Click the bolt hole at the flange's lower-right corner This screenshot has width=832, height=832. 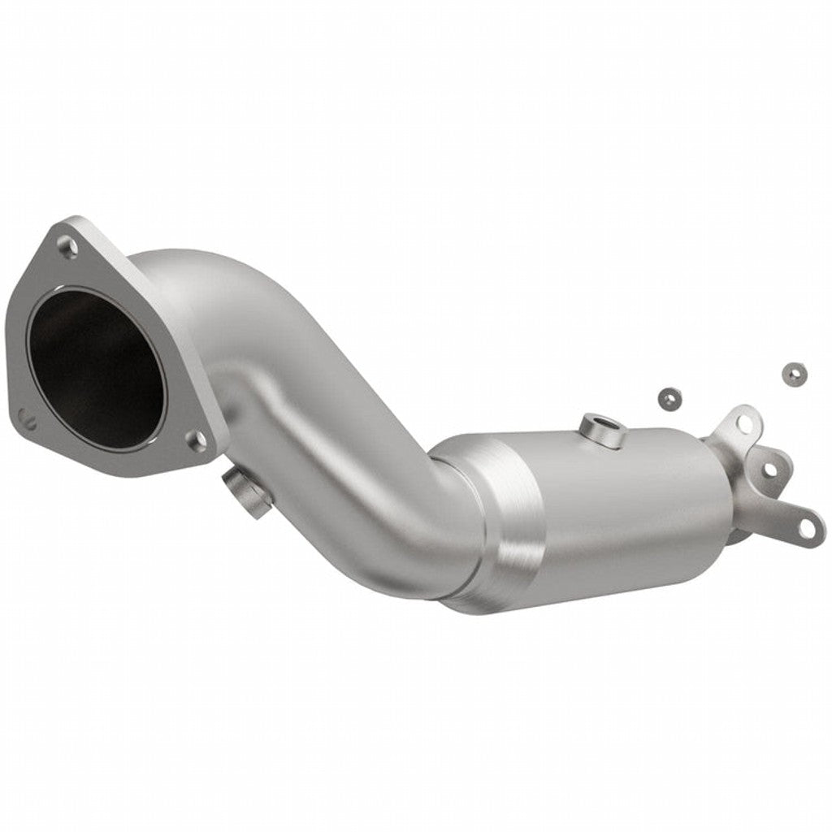[196, 440]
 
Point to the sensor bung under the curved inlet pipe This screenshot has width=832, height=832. [241, 491]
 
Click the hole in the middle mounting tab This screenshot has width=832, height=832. [767, 469]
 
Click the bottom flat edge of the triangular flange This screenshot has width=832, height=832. [122, 463]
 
